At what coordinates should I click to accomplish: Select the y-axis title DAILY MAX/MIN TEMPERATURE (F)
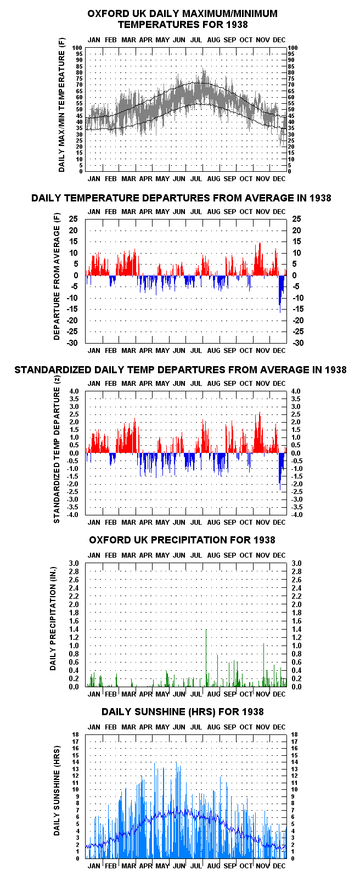62,106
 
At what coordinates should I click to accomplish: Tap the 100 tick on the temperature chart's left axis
77,48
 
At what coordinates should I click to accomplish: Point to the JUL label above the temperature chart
196,40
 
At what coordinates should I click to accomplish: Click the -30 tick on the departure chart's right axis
298,343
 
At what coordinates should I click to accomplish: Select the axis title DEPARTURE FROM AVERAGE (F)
57,277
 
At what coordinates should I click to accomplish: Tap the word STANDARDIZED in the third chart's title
53,370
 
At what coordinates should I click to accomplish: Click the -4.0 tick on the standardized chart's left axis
74,515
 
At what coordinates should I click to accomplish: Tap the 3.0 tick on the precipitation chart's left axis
74,563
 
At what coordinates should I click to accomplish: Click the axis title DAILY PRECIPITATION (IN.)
53,624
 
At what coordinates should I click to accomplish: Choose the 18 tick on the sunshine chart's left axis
76,734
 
